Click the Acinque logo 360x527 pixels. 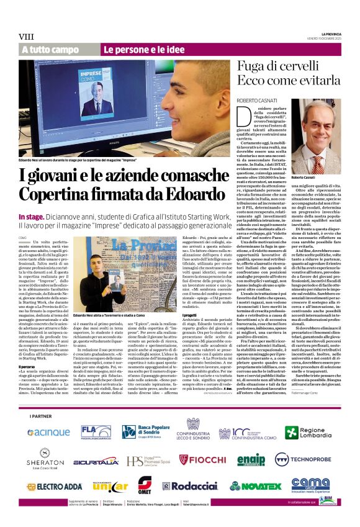[x=48, y=432]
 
